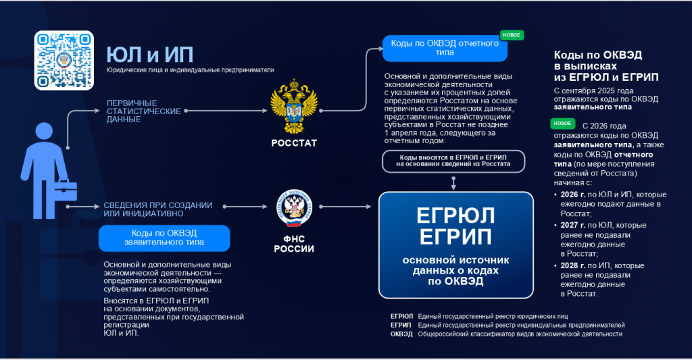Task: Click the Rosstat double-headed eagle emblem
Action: coord(293,107)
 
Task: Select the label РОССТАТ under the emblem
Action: coord(293,143)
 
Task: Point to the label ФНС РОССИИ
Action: coord(294,243)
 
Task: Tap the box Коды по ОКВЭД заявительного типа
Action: coord(164,238)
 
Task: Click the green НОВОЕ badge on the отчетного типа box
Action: coord(512,35)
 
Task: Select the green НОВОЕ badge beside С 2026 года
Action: coord(563,124)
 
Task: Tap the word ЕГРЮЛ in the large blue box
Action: coord(455,215)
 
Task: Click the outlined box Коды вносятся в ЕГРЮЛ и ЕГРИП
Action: coord(452,160)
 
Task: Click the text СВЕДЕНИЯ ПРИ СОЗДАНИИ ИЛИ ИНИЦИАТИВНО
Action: coord(157,209)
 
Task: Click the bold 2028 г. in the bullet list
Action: coord(572,265)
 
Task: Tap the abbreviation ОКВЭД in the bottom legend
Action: coord(401,334)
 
